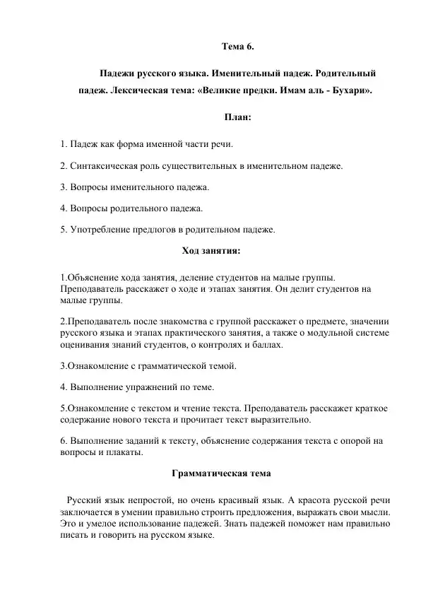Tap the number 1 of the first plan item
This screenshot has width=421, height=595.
(x=63, y=145)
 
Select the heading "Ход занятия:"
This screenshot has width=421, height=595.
(x=211, y=250)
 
